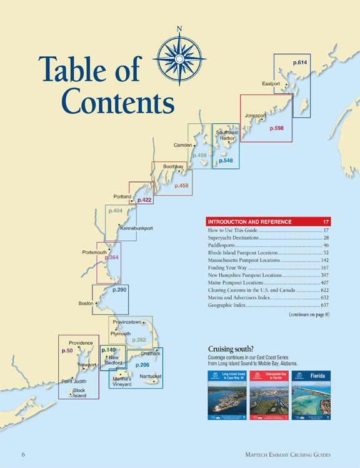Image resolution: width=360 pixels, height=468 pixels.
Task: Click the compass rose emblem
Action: (179, 58)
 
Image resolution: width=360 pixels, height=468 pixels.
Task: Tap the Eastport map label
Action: (271, 84)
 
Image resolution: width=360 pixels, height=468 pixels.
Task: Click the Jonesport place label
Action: (256, 116)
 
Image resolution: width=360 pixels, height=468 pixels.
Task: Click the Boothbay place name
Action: (173, 167)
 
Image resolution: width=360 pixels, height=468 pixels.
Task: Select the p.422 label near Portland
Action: (144, 200)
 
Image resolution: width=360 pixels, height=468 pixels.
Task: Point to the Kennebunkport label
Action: (136, 228)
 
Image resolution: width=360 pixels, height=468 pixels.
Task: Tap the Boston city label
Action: (86, 303)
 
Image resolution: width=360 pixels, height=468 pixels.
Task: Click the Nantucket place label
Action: (151, 376)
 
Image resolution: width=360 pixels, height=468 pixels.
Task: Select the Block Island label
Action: (79, 394)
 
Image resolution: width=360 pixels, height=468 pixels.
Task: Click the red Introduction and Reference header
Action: (268, 222)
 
